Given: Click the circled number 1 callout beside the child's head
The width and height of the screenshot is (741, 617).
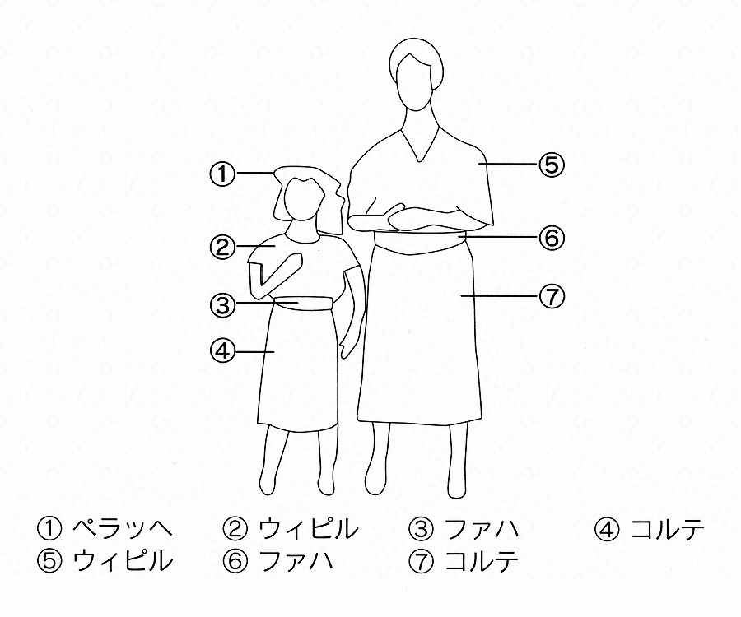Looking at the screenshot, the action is (222, 174).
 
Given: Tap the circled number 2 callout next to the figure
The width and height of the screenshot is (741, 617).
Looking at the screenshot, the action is (222, 247).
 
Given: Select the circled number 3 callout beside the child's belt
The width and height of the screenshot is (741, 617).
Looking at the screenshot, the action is (222, 304).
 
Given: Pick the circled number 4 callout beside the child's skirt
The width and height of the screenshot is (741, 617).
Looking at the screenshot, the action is (222, 352).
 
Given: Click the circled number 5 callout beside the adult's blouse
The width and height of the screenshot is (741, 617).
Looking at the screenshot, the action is (552, 165).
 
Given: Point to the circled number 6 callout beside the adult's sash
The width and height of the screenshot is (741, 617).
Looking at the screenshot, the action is (552, 238).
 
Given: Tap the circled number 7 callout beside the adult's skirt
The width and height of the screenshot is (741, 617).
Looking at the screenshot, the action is (552, 297).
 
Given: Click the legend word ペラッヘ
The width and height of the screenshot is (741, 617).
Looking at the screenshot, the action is (123, 529).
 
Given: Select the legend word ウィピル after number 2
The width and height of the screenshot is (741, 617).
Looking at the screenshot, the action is (308, 529).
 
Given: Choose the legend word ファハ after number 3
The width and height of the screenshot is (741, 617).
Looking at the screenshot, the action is (482, 529).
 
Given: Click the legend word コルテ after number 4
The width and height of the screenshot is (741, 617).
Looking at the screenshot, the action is (667, 529).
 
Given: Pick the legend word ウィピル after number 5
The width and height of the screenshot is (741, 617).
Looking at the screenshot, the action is (123, 561).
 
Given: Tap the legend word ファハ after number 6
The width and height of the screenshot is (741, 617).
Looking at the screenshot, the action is (296, 561).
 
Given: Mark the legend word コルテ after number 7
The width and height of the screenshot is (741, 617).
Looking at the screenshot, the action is (482, 561).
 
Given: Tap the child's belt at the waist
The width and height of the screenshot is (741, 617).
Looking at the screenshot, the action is (304, 303).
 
